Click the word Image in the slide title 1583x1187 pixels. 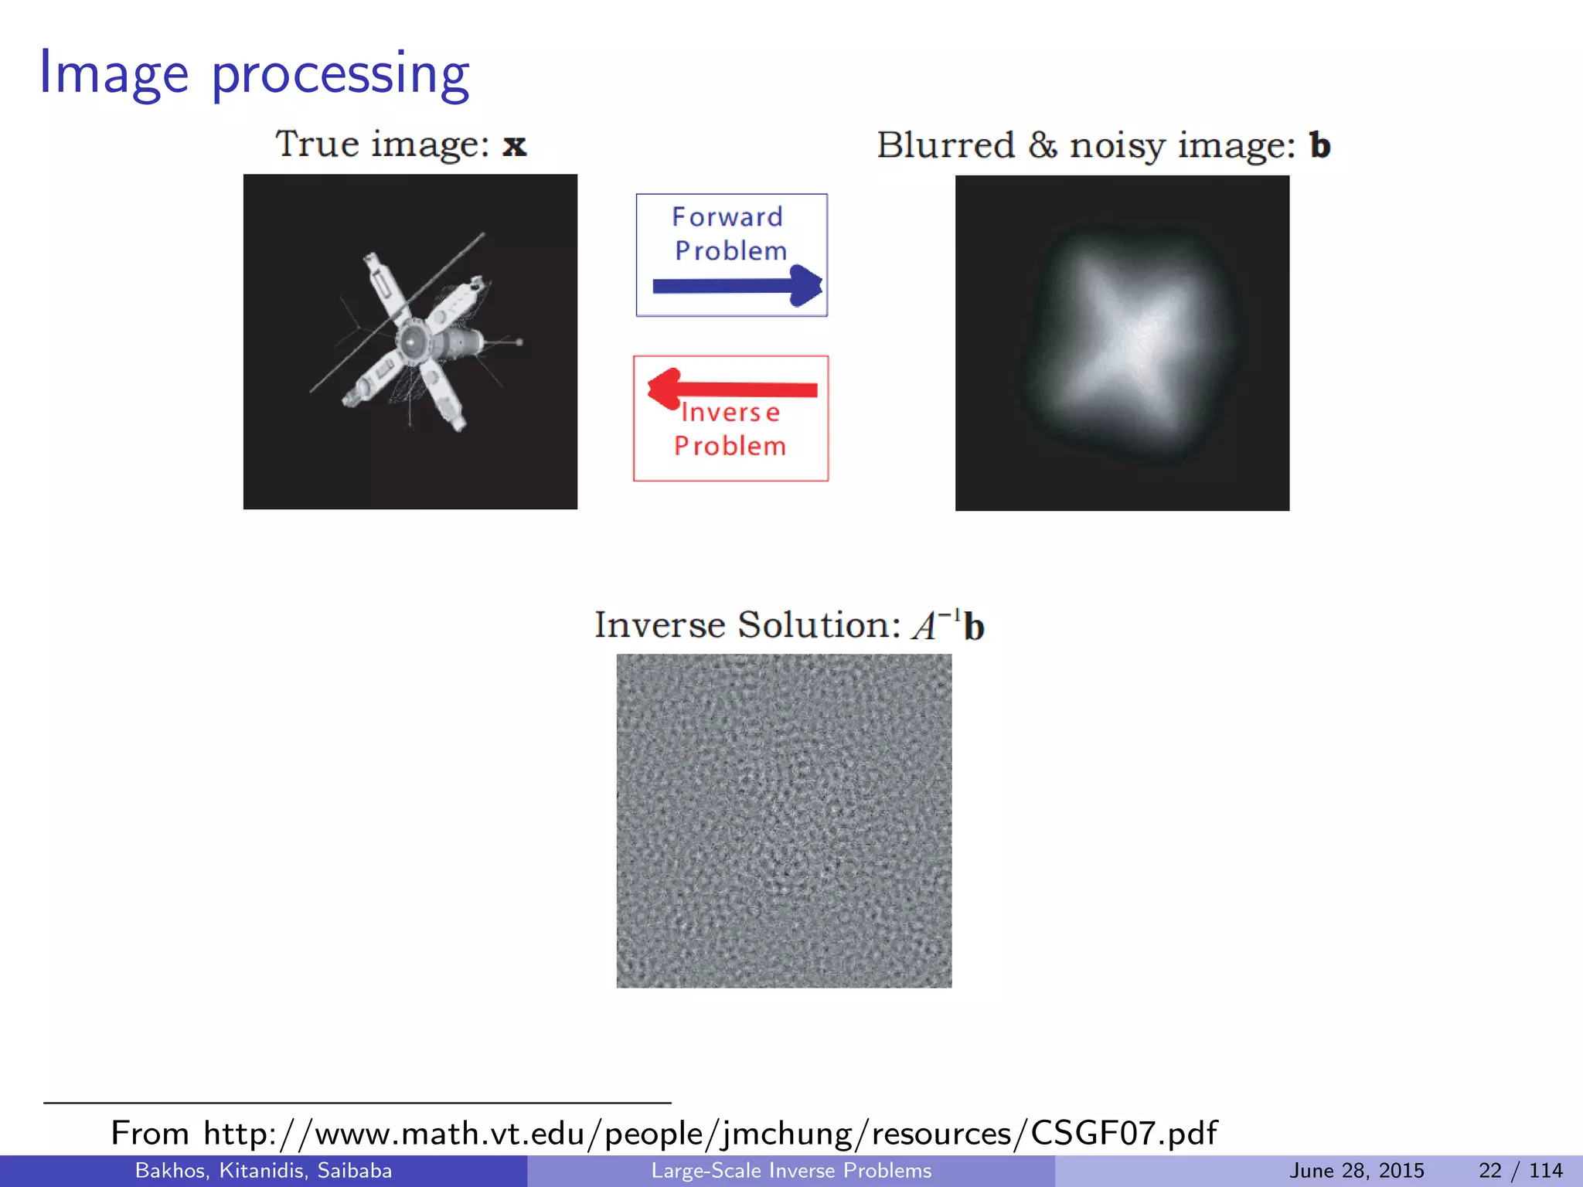(114, 73)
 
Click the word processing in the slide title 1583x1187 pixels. (340, 76)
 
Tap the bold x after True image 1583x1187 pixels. (515, 145)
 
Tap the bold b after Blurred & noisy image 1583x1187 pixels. (1319, 145)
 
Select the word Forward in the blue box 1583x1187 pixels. (727, 217)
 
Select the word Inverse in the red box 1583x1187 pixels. (730, 413)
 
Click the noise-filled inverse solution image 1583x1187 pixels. (784, 821)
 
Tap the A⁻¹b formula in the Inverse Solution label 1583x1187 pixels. (948, 624)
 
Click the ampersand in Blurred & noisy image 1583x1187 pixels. (1042, 145)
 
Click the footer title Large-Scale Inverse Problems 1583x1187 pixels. (791, 1171)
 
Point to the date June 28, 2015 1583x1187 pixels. (1357, 1171)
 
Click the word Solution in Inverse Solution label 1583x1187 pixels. (819, 624)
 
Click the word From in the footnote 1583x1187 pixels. (150, 1134)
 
